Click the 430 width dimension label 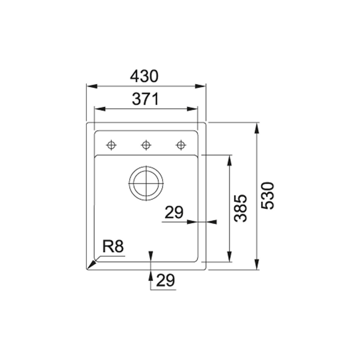point(144,76)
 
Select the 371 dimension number point(145,99)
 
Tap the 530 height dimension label point(268,195)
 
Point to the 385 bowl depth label point(240,208)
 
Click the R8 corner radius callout point(113,246)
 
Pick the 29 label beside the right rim point(174,212)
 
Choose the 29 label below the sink point(166,280)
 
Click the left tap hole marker point(111,145)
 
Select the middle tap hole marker point(146,145)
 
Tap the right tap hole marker point(181,145)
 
